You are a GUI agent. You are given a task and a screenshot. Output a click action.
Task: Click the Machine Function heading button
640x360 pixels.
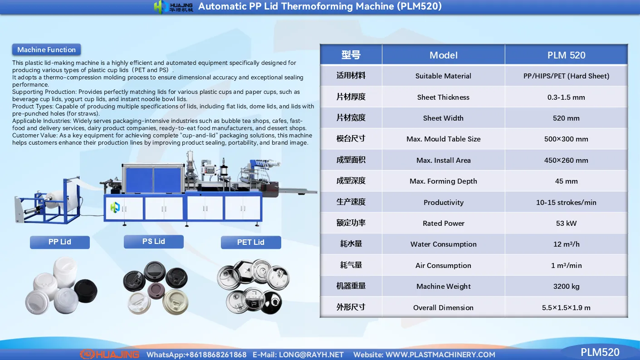[46, 50]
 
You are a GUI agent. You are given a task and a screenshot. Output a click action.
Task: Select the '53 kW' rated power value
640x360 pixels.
[566, 223]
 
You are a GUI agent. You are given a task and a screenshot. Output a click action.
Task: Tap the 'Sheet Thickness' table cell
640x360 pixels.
[443, 97]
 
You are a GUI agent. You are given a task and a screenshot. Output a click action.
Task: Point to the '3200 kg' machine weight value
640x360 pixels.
[566, 286]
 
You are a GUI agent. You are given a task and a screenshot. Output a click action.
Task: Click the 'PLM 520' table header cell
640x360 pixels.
[566, 55]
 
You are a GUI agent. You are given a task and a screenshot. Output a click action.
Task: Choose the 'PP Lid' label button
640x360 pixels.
[60, 242]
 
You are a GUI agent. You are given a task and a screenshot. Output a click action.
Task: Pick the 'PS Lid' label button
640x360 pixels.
[153, 242]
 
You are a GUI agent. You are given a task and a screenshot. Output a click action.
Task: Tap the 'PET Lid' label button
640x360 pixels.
[251, 243]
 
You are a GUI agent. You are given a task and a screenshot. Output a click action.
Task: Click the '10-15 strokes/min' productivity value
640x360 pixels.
[566, 202]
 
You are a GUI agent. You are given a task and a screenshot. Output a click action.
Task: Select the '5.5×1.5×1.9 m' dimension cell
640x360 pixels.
[566, 307]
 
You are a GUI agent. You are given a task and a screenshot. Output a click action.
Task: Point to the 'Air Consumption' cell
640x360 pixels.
[443, 265]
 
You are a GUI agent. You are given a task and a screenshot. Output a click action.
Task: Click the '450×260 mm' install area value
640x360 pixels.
[566, 160]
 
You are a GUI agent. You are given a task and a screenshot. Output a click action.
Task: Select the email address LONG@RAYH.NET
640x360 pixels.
[311, 355]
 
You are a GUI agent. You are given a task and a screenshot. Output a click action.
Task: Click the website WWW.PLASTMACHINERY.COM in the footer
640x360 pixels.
[440, 355]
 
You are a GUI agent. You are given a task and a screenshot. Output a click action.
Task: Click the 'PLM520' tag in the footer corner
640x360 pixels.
[600, 352]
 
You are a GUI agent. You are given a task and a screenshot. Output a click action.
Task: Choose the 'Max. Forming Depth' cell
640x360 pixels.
[443, 181]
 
